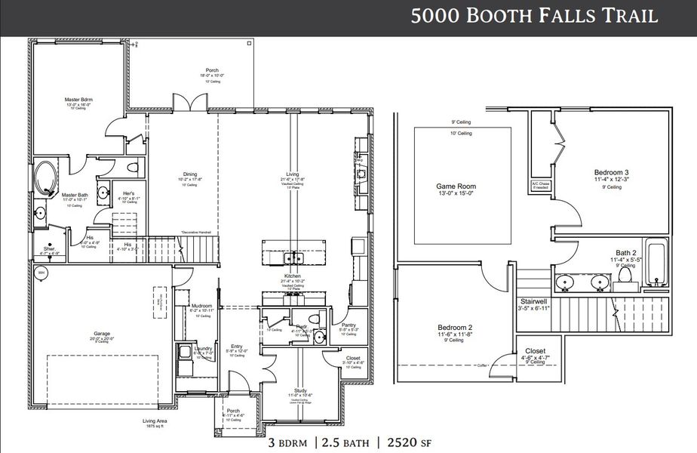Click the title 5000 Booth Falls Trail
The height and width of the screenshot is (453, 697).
pos(534,17)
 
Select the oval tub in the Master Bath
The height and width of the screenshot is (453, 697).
pos(46,178)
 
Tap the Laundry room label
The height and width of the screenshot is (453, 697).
pos(204,348)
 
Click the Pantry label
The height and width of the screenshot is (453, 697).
pos(348,325)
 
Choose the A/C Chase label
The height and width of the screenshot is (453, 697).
pos(540,183)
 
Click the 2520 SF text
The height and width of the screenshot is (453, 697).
pos(407,442)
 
